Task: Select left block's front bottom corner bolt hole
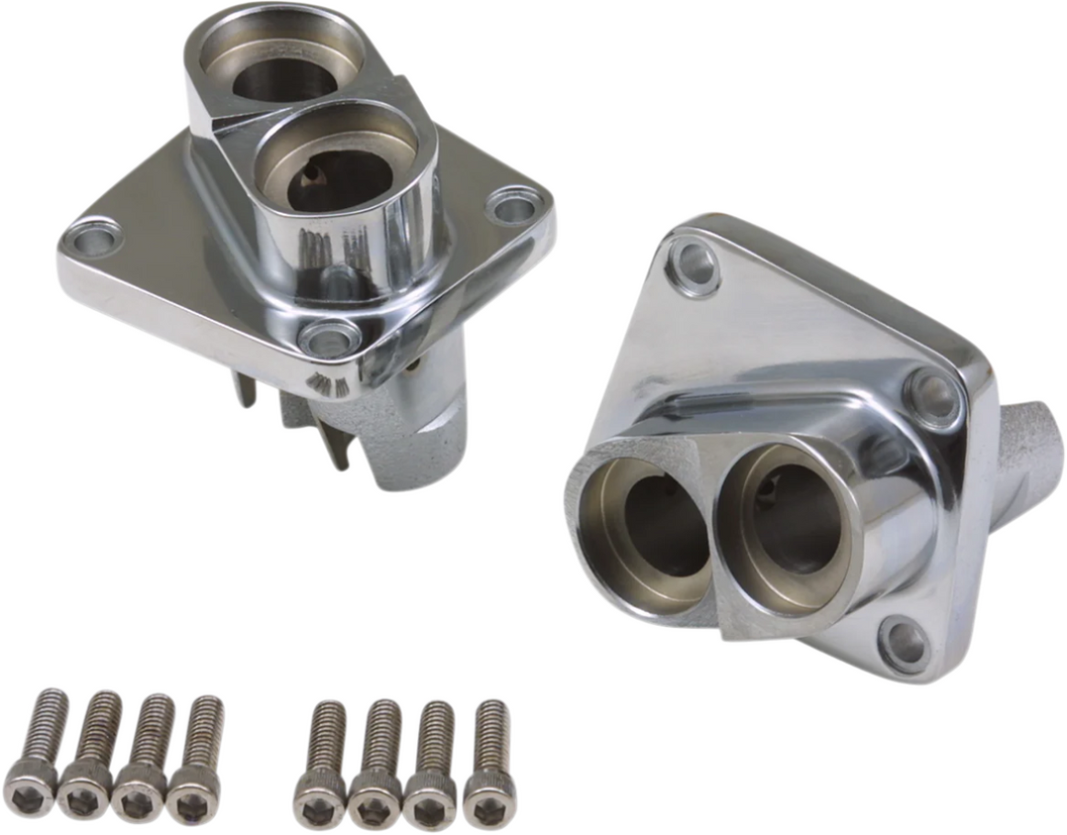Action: coord(328,338)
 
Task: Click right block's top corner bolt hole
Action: coord(693,265)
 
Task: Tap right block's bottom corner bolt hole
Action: coord(903,643)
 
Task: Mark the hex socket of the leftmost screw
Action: coord(29,794)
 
